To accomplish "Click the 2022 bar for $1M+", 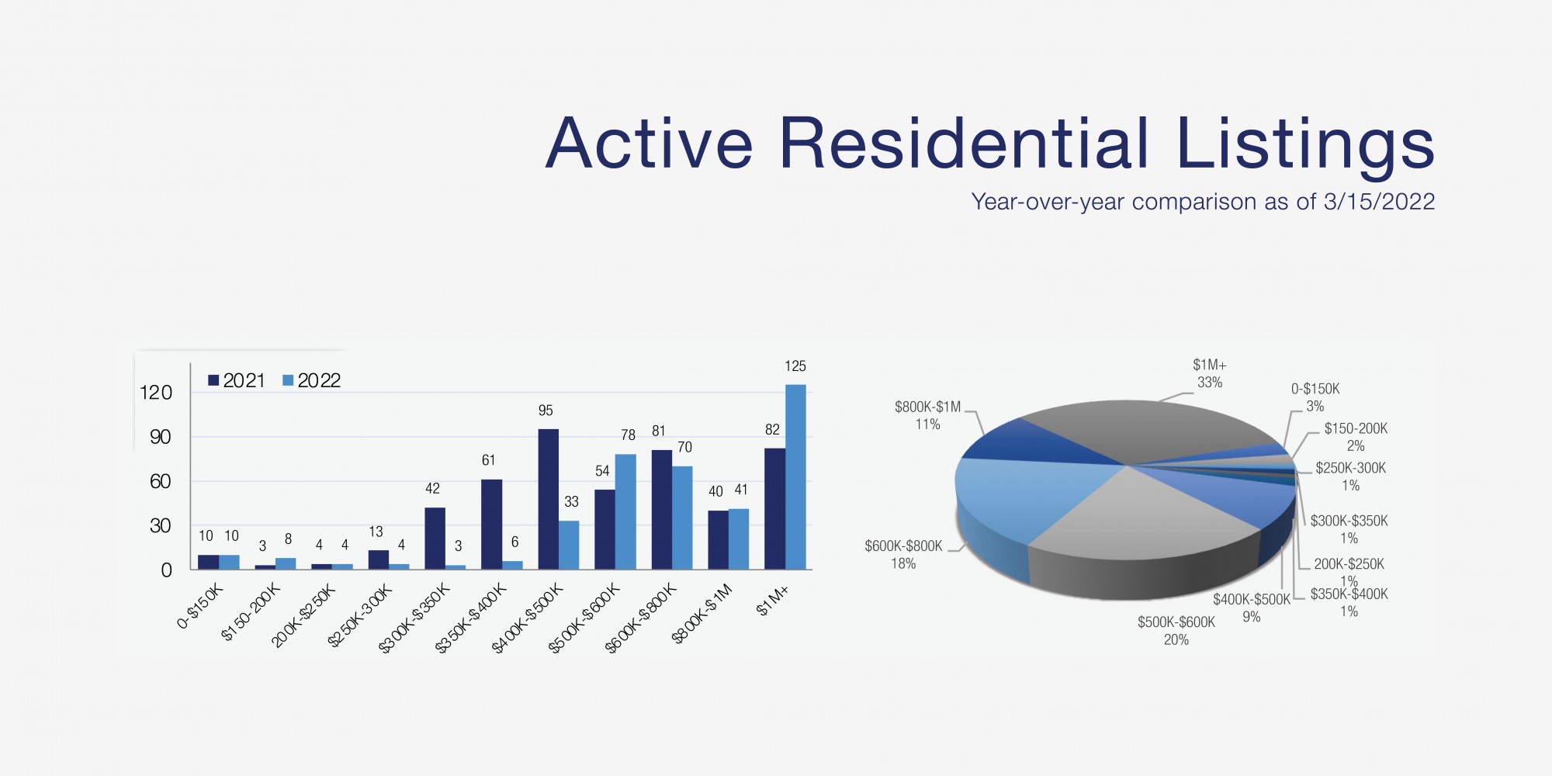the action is pyautogui.click(x=795, y=477).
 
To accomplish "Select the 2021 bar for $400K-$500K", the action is pyautogui.click(x=548, y=500).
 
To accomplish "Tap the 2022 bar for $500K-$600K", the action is pyautogui.click(x=625, y=512).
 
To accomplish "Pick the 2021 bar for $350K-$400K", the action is pyautogui.click(x=491, y=525).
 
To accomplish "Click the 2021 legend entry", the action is pyautogui.click(x=237, y=380).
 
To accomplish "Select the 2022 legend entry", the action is pyautogui.click(x=311, y=380).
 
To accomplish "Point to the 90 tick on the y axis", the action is pyautogui.click(x=160, y=437).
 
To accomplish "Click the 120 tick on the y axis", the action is pyautogui.click(x=155, y=393).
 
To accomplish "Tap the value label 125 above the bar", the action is pyautogui.click(x=795, y=366).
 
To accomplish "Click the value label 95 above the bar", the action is pyautogui.click(x=546, y=411).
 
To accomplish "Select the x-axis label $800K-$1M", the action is pyautogui.click(x=702, y=615).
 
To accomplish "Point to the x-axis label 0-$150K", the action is pyautogui.click(x=199, y=606).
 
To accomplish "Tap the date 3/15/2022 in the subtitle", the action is pyautogui.click(x=1379, y=202).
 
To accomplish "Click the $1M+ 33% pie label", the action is pyautogui.click(x=1210, y=373).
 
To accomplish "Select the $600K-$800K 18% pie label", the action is pyautogui.click(x=903, y=555).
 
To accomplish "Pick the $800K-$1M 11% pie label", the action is pyautogui.click(x=927, y=415).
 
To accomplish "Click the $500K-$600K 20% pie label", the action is pyautogui.click(x=1176, y=631).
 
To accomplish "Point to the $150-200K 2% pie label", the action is pyautogui.click(x=1356, y=437).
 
